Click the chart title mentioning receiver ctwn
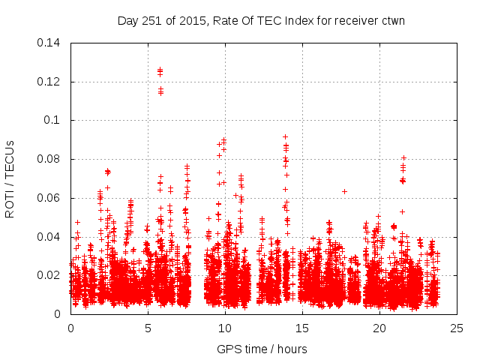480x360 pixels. [x=261, y=20]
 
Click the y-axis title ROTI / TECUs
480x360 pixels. [x=10, y=178]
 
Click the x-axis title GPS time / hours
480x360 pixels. [x=262, y=349]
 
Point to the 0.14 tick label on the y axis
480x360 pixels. [x=50, y=43]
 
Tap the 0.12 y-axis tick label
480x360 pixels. [x=50, y=82]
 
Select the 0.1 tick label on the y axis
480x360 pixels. [x=55, y=120]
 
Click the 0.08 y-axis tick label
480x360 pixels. [x=50, y=159]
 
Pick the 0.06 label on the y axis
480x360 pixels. [x=50, y=198]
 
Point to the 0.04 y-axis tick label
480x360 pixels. [x=50, y=237]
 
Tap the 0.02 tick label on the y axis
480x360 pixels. [x=50, y=275]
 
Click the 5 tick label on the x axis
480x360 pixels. [x=148, y=328]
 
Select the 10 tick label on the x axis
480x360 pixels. [x=225, y=328]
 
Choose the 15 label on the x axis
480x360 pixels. [x=302, y=328]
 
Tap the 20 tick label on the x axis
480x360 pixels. [x=379, y=328]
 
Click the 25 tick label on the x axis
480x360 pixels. [x=457, y=328]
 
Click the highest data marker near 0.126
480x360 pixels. [x=160, y=70]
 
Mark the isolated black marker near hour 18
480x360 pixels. [x=344, y=191]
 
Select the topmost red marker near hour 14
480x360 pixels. [x=285, y=136]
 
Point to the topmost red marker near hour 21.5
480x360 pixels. [x=403, y=157]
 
